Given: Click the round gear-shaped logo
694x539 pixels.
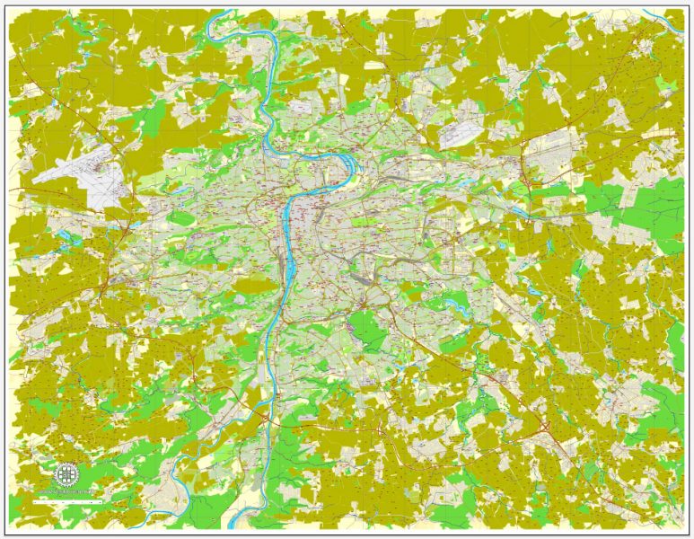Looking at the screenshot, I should click(x=66, y=474).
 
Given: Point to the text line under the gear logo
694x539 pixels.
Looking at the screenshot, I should click(x=66, y=492).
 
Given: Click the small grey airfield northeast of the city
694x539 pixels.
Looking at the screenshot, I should click(x=461, y=134).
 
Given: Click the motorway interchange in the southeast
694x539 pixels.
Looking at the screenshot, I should click(x=545, y=423).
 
